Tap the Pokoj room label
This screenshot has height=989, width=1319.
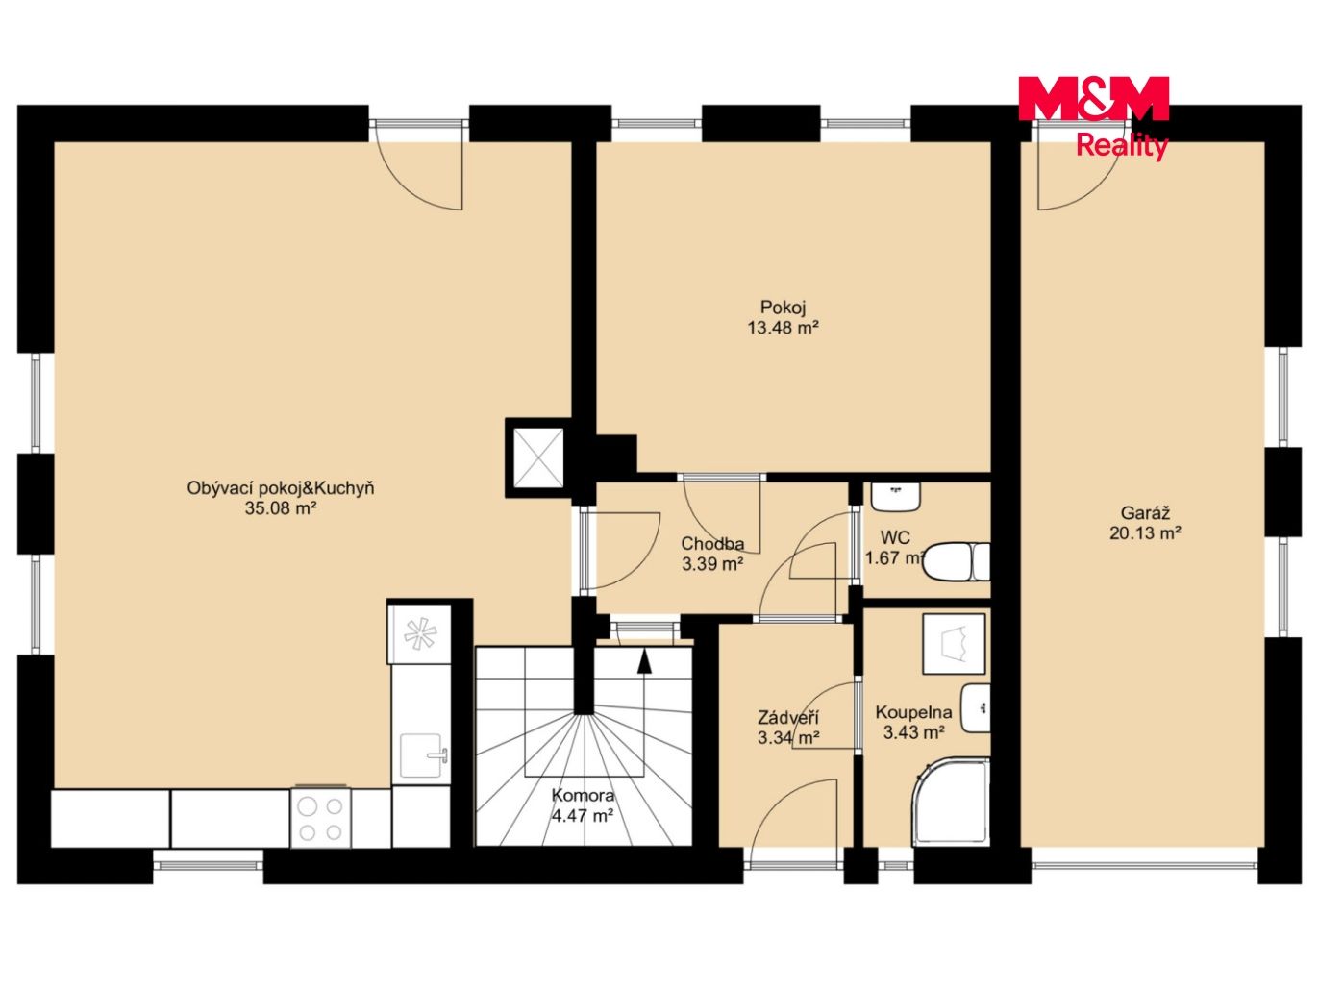tap(783, 308)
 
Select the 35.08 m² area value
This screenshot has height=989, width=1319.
tap(281, 508)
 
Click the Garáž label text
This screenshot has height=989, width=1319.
tap(1145, 513)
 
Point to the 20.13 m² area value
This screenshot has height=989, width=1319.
tap(1145, 533)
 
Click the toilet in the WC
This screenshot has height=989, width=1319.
tap(958, 562)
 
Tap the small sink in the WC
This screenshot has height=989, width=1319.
tap(896, 496)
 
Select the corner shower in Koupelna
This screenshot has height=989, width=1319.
tap(951, 803)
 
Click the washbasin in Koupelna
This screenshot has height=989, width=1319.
tap(975, 708)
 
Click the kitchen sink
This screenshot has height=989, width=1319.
tap(421, 757)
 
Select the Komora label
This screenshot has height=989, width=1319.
tap(583, 796)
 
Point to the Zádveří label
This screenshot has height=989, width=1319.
tap(788, 718)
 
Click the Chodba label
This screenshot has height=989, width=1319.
tap(712, 543)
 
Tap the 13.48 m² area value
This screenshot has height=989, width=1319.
tap(783, 328)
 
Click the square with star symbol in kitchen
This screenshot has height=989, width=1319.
tap(419, 634)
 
